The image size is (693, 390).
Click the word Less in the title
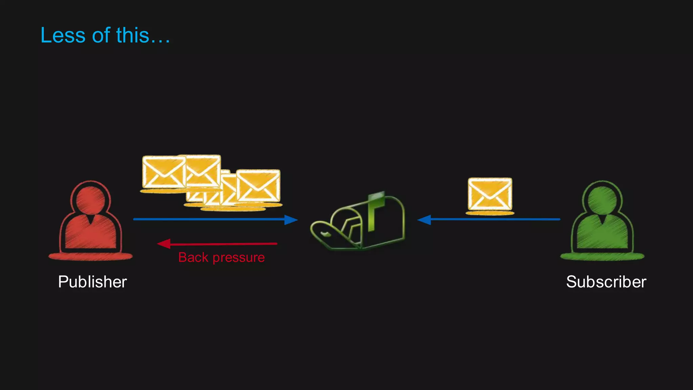coord(63,35)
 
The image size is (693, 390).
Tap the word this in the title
coord(133,35)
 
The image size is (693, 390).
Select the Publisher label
coord(92,282)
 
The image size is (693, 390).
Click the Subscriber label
coord(606,282)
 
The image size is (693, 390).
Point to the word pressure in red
coord(239,258)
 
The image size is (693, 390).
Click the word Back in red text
coord(193,257)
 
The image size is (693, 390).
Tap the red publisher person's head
coord(90,200)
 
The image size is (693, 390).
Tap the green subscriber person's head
coord(602,200)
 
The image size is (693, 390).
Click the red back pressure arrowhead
coord(164,244)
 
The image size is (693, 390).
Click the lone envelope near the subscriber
coord(490,194)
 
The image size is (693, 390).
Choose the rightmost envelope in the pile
coord(258,186)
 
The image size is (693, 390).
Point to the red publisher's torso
coord(90,234)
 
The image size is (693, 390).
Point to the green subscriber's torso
coord(602,234)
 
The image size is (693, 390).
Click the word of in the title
coord(101,35)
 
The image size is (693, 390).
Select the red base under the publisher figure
coord(90,257)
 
